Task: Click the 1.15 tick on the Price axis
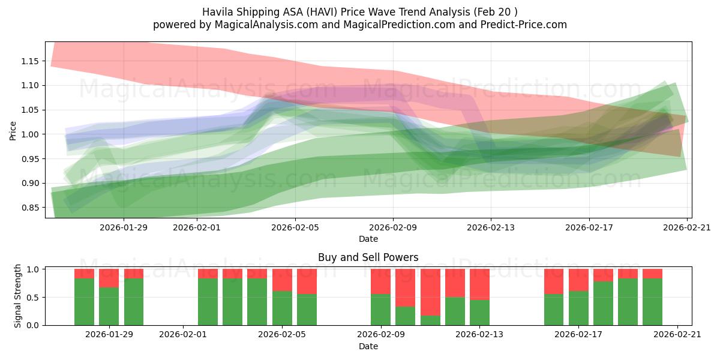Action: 31,61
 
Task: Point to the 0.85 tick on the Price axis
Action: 31,208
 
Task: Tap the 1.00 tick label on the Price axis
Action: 31,134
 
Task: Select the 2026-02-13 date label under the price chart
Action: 491,227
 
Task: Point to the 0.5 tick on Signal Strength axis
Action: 35,298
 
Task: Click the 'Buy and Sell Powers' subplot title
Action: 368,257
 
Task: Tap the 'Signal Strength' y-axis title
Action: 18,296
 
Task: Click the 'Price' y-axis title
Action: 13,130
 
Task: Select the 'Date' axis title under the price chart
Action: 368,239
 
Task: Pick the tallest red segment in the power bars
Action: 430,292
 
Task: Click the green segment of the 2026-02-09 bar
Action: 380,310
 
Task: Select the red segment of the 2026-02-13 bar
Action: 479,284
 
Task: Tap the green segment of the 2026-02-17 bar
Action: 578,308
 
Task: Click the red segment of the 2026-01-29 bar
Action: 109,278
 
